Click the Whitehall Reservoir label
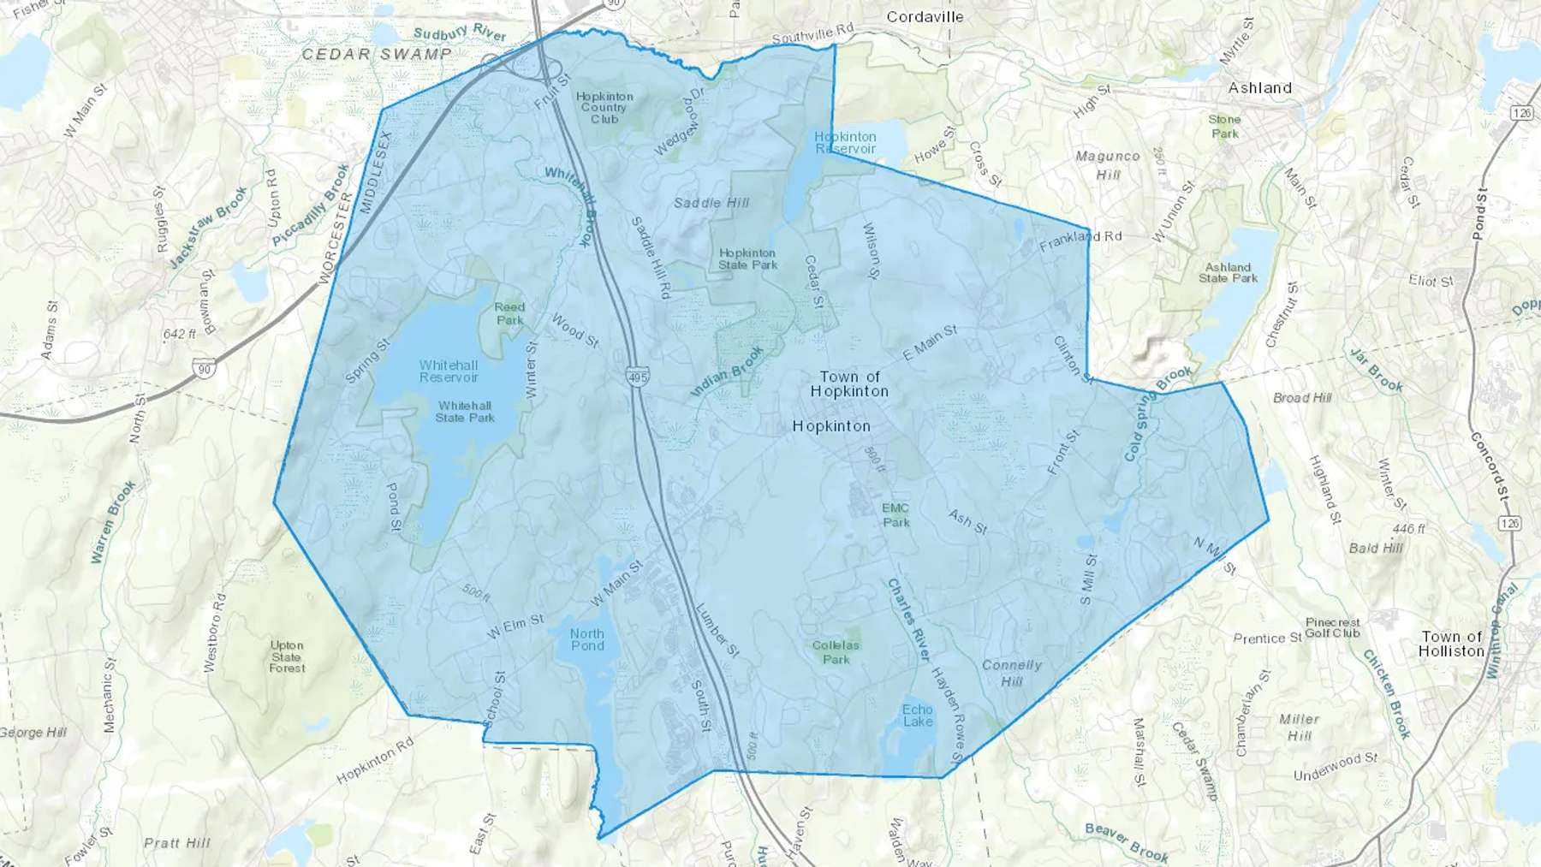pyautogui.click(x=449, y=371)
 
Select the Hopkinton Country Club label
pyautogui.click(x=604, y=108)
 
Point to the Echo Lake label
pyautogui.click(x=917, y=716)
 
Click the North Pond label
pyautogui.click(x=587, y=640)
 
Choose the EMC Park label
pyautogui.click(x=895, y=515)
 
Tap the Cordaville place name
pyautogui.click(x=925, y=17)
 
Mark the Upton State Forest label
pyautogui.click(x=287, y=656)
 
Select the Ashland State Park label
pyautogui.click(x=1228, y=273)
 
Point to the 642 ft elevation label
pyautogui.click(x=180, y=334)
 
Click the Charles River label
pyautogui.click(x=907, y=619)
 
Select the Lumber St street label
pyautogui.click(x=717, y=631)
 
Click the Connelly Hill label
pyautogui.click(x=1012, y=673)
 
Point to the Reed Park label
pyautogui.click(x=509, y=313)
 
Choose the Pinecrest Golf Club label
pyautogui.click(x=1333, y=627)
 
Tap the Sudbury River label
pyautogui.click(x=460, y=33)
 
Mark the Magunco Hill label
pyautogui.click(x=1108, y=165)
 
